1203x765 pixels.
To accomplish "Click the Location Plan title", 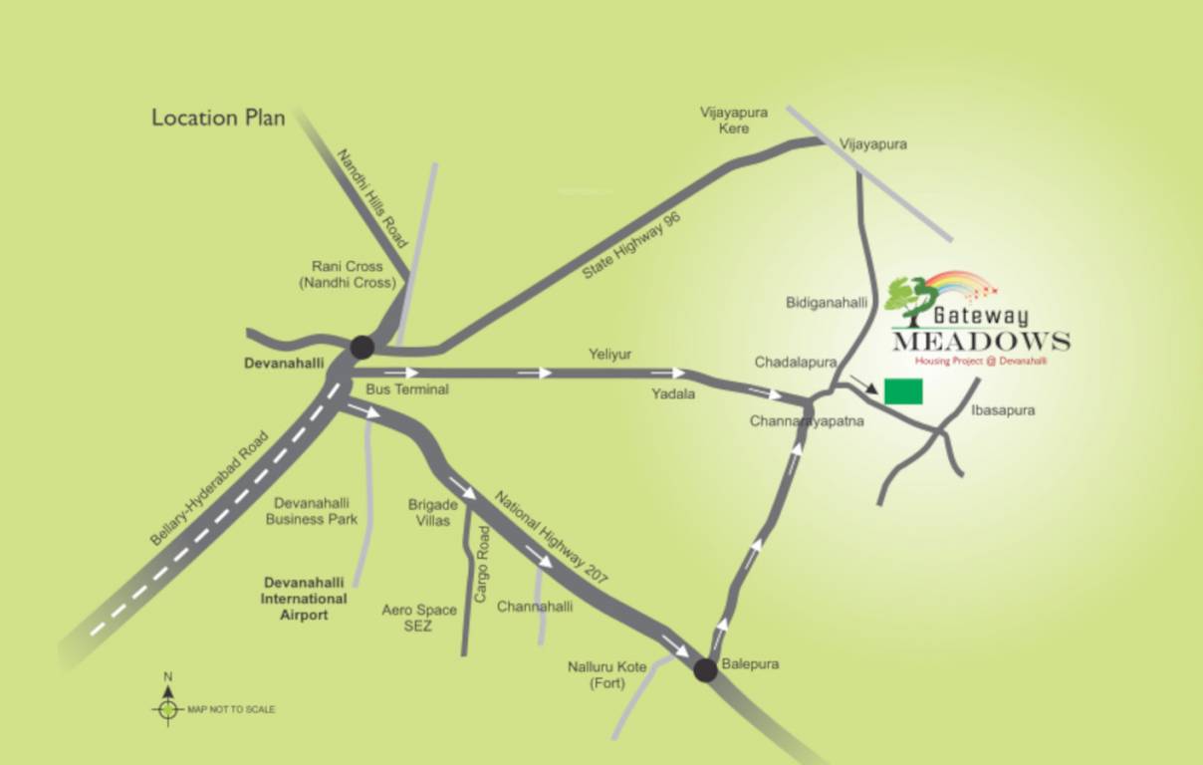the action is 218,118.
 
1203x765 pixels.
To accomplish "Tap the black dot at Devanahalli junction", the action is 362,347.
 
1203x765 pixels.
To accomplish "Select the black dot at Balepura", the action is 705,670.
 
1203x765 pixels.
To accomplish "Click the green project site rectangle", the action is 903,391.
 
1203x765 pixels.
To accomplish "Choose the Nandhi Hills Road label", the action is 373,198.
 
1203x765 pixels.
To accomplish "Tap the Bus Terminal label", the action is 407,389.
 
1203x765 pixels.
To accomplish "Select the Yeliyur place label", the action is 610,355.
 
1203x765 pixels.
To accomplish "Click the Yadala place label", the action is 673,394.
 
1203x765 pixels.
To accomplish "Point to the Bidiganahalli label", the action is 827,301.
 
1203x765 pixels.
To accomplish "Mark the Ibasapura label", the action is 1003,409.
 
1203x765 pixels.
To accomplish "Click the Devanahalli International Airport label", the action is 304,599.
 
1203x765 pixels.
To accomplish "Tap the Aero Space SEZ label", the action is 419,618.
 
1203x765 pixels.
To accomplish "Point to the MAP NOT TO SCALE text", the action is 231,709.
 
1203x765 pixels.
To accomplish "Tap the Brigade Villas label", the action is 433,512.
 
